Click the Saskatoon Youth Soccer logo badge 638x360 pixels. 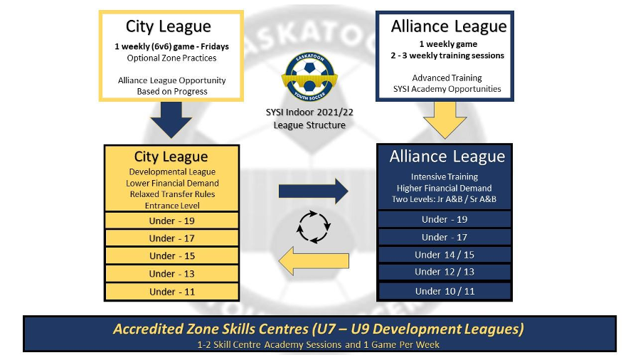pyautogui.click(x=309, y=76)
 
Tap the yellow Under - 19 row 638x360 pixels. pyautogui.click(x=171, y=221)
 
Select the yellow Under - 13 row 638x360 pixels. pyautogui.click(x=171, y=274)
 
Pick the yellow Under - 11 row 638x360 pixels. pyautogui.click(x=171, y=292)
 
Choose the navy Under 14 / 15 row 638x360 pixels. pyautogui.click(x=445, y=255)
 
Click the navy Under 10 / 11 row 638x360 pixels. pyautogui.click(x=445, y=291)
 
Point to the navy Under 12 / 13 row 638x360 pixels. pyautogui.click(x=445, y=272)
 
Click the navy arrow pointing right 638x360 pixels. pyautogui.click(x=313, y=191)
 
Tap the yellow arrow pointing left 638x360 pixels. pyautogui.click(x=314, y=260)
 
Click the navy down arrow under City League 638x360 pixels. pyautogui.click(x=171, y=120)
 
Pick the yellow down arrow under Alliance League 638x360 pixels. pyautogui.click(x=445, y=120)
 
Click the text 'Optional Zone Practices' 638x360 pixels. pyautogui.click(x=171, y=58)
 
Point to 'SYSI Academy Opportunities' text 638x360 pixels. pyautogui.click(x=447, y=89)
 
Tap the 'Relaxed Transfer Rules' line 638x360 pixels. pyautogui.click(x=172, y=194)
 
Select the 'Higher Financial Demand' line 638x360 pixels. pyautogui.click(x=445, y=188)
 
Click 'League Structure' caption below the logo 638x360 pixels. pyautogui.click(x=309, y=125)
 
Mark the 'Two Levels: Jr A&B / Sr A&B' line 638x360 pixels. pyautogui.click(x=445, y=199)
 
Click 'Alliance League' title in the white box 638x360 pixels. pyautogui.click(x=449, y=26)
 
